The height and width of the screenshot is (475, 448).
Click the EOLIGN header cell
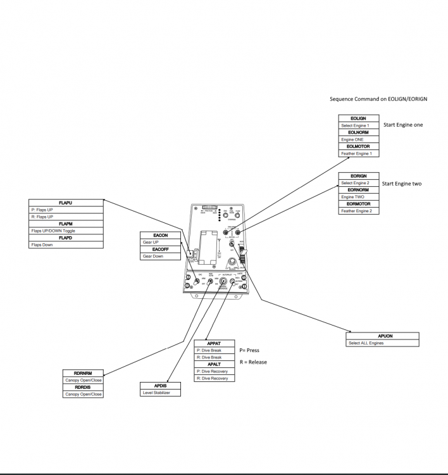[358, 118]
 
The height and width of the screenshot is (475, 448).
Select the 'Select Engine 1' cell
[358, 125]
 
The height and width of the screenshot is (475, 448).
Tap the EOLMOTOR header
[358, 146]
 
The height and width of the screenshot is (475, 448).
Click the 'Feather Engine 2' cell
[358, 211]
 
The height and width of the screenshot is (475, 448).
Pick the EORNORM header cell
[358, 190]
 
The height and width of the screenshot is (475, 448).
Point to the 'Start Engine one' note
[403, 125]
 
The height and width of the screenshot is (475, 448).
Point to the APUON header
[383, 336]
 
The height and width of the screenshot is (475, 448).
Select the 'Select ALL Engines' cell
[383, 343]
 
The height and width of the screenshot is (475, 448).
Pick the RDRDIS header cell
[83, 387]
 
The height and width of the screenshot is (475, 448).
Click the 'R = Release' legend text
[253, 362]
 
